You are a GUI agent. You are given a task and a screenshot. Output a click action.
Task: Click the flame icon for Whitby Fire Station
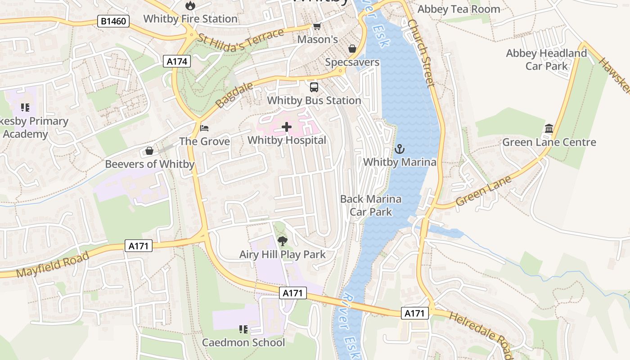tap(190, 5)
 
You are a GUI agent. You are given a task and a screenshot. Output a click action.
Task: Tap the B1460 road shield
tap(113, 21)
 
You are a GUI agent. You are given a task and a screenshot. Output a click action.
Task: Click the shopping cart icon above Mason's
tap(317, 27)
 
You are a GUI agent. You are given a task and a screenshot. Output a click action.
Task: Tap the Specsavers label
tap(352, 63)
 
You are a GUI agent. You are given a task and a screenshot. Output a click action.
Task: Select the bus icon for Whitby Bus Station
tap(314, 87)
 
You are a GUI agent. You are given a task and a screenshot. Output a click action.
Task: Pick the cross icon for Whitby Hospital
tap(287, 127)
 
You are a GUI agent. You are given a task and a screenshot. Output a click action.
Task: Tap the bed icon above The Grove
tap(204, 128)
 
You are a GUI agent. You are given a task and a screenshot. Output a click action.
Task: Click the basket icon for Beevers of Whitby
tap(149, 151)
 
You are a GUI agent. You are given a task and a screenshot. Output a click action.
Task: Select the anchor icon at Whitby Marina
tap(399, 149)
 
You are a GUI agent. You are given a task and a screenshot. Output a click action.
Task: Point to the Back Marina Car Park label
tap(371, 205)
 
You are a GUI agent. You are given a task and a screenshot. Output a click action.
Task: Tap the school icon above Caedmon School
tap(243, 329)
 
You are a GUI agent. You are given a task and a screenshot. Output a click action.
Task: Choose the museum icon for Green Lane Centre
tap(549, 129)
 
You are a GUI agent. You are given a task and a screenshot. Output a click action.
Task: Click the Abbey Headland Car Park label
tap(546, 60)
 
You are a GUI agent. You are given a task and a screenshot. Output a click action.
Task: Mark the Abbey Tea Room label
tap(459, 9)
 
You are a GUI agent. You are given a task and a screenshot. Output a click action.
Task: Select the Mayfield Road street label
tap(53, 265)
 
